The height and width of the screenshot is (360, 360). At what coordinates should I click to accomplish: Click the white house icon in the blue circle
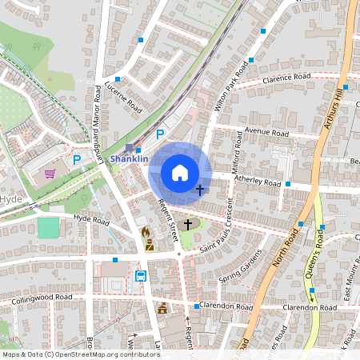pos(180,173)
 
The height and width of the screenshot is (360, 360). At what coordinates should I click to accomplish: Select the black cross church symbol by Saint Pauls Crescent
pos(189,225)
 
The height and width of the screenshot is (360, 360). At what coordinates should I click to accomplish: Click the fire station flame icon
pos(146,233)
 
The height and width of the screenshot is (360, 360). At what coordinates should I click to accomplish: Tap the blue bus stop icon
pos(141,276)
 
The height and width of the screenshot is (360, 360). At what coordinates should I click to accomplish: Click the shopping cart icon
pos(50,172)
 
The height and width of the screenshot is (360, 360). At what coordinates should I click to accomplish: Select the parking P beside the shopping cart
pos(77,160)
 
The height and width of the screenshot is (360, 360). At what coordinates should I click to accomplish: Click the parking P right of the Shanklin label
pos(160,135)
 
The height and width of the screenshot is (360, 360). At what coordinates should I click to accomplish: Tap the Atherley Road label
pos(257,182)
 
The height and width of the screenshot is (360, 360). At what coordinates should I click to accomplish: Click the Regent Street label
pos(168,219)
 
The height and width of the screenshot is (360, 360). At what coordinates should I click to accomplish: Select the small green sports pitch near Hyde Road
pos(48,227)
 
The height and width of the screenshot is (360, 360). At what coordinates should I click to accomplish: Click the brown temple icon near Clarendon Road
pos(162,308)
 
